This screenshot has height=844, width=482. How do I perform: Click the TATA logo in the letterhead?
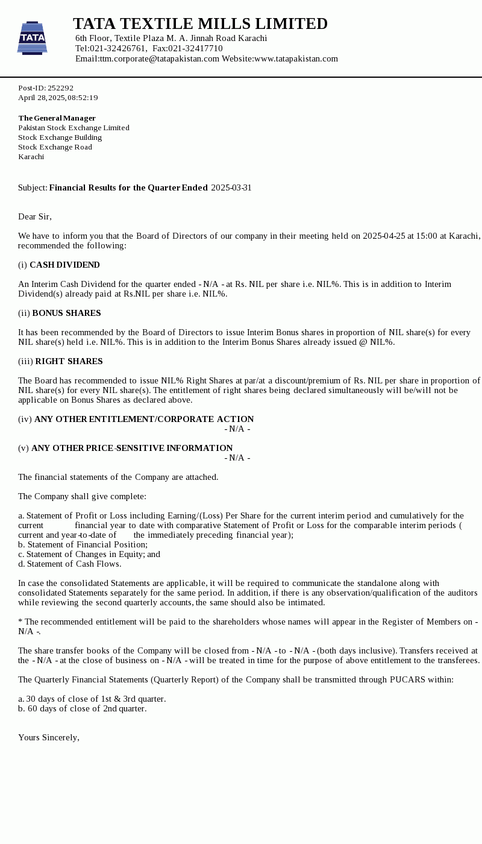[x=32, y=38]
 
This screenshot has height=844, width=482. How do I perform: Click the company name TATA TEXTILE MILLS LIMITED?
[x=200, y=24]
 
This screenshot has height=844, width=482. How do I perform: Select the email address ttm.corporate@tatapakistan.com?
[x=159, y=58]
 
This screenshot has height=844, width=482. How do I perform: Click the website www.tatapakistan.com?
[x=296, y=58]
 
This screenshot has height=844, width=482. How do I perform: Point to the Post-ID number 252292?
[x=60, y=88]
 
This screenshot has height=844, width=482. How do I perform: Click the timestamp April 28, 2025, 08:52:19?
[x=58, y=98]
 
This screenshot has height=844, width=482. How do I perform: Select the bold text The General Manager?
[x=57, y=118]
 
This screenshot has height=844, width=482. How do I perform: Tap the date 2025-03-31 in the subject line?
[x=231, y=187]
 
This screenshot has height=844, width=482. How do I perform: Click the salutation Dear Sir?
[x=35, y=216]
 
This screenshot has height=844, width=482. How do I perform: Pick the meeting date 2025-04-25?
[x=384, y=236]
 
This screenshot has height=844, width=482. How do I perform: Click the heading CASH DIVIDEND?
[x=64, y=265]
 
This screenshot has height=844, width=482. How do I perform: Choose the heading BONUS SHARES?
[x=66, y=313]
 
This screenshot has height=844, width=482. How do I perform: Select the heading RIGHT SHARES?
[x=69, y=361]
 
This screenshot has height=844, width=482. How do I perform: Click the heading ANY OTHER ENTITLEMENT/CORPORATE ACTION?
[x=144, y=419]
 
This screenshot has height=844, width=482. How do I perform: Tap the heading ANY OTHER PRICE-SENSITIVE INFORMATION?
[x=132, y=448]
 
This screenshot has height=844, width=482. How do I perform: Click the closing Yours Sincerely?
[x=49, y=737]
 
